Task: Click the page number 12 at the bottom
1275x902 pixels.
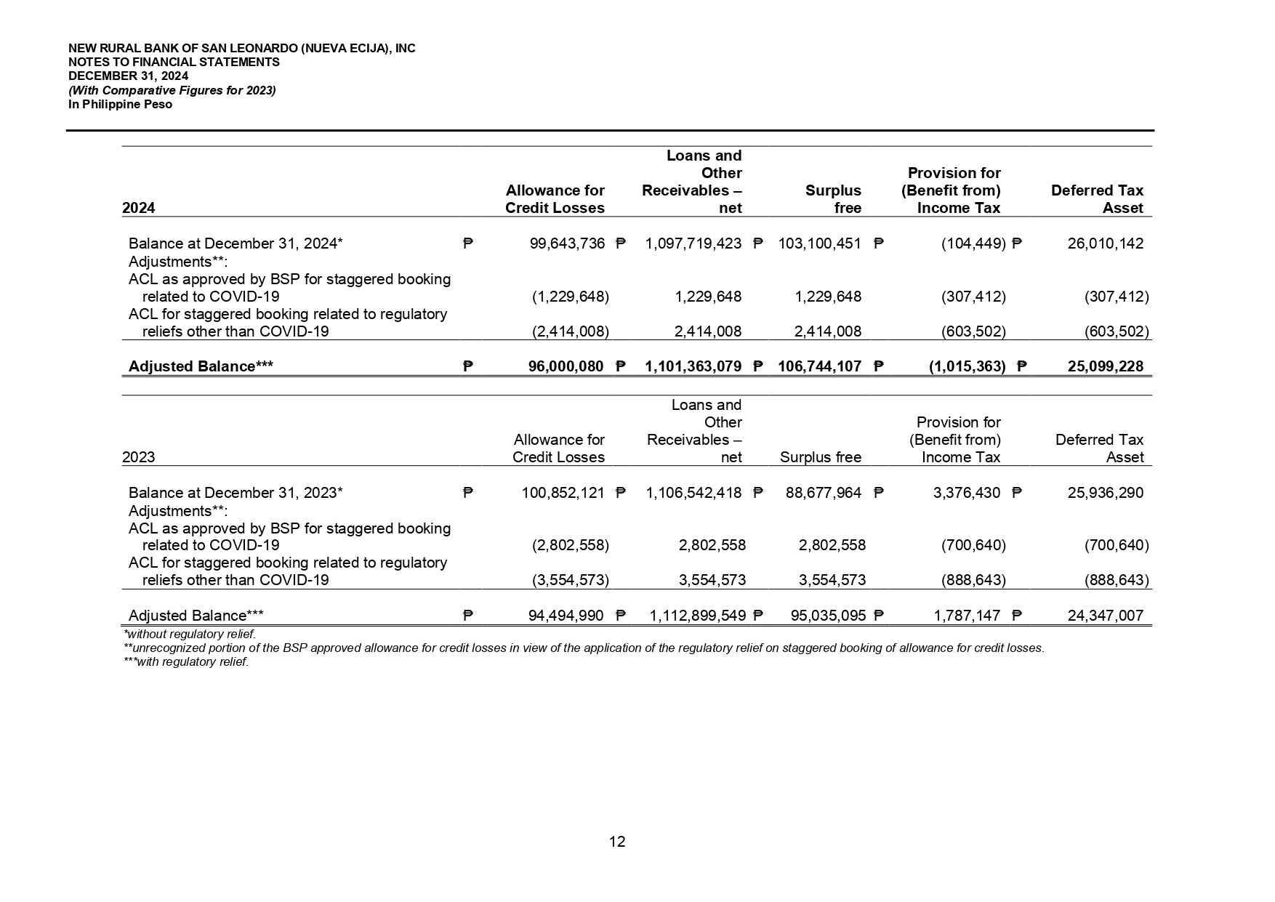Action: [617, 842]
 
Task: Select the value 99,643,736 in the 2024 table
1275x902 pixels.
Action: [567, 243]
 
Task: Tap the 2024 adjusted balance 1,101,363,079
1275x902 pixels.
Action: [693, 366]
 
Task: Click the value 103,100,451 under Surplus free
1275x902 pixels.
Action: [819, 243]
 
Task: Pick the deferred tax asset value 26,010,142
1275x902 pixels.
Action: [1105, 243]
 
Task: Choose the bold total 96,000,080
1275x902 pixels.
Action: [566, 366]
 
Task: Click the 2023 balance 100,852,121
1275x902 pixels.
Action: [563, 493]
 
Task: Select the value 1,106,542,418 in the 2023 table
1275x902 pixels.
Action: [693, 493]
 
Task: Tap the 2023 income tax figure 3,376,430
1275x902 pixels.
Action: [966, 493]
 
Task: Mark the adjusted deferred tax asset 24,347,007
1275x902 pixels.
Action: [1105, 616]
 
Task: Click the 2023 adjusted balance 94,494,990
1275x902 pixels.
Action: [566, 616]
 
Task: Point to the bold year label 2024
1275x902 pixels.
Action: [139, 208]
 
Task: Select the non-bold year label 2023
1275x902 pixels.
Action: [139, 457]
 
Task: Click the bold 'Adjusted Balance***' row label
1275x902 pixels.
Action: [201, 366]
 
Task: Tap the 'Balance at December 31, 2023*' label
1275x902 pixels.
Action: [236, 493]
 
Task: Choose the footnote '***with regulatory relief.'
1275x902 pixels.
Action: [186, 662]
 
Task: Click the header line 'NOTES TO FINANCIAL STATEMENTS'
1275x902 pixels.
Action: [174, 63]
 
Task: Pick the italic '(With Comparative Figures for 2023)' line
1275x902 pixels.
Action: [172, 90]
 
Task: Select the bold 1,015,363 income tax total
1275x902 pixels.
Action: [967, 366]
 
